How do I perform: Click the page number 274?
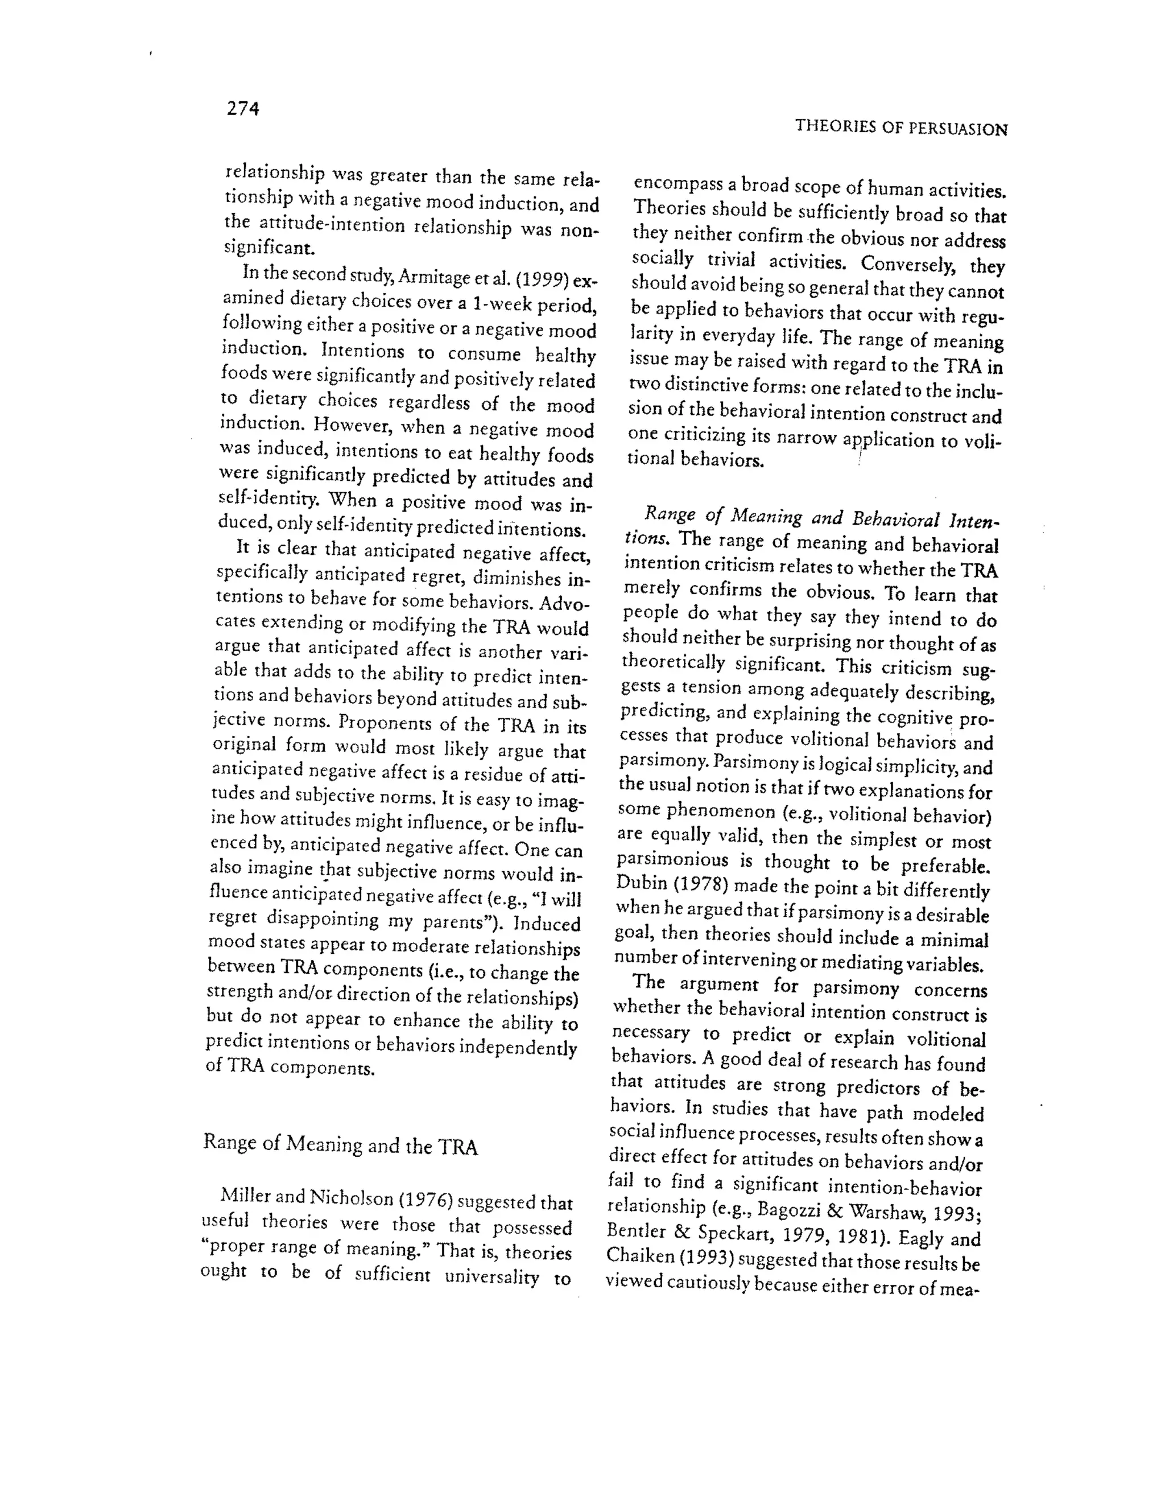tap(243, 109)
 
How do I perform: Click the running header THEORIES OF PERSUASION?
tap(900, 127)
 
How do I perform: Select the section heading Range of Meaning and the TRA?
tap(340, 1145)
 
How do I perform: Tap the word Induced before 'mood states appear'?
tap(546, 924)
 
